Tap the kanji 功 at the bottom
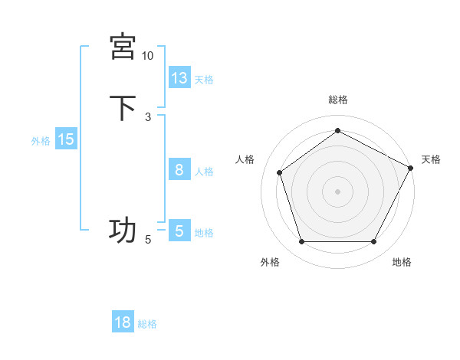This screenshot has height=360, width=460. [x=123, y=230]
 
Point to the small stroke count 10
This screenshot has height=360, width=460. [x=148, y=56]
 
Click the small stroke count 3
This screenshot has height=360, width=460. [x=148, y=117]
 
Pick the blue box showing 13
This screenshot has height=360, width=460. [x=179, y=78]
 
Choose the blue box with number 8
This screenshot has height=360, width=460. [x=179, y=170]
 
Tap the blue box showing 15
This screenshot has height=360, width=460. [x=66, y=139]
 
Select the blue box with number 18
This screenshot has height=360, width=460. [x=123, y=322]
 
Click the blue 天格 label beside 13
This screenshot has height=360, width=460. [x=204, y=80]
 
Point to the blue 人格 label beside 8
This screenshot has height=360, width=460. [x=204, y=172]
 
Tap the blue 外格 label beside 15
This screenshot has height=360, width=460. [x=41, y=141]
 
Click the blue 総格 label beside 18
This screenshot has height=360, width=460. [x=147, y=324]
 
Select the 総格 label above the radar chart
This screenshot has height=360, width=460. [x=337, y=100]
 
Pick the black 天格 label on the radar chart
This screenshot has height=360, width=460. [x=431, y=159]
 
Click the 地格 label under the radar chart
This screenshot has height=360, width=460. [x=402, y=262]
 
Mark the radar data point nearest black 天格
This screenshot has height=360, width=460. [x=412, y=167]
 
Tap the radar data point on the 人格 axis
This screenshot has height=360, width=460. [x=280, y=172]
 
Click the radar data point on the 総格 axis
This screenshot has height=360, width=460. [x=337, y=131]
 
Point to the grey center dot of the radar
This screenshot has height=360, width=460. [x=337, y=191]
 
